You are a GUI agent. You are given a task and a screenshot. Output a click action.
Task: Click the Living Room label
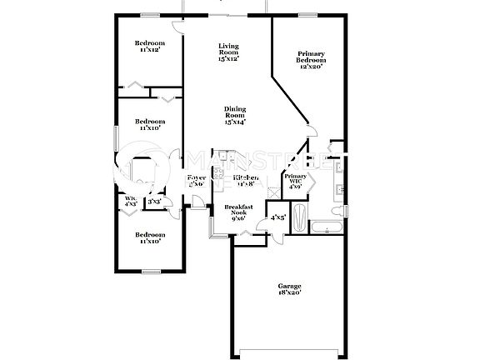228,52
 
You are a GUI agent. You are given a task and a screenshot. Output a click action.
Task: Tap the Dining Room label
234,116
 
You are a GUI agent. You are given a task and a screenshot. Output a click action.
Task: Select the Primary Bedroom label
311,60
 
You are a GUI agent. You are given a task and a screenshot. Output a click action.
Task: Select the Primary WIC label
296,180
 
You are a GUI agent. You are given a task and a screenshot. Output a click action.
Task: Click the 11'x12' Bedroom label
150,47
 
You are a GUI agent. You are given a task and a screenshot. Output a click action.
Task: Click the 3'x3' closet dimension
154,202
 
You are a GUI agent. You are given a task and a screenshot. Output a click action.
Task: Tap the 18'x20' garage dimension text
290,293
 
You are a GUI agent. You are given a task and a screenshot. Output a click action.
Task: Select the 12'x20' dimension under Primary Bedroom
311,67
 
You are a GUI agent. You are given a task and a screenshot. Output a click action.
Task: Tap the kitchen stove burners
218,174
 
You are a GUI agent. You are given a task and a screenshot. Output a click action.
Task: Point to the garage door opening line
287,348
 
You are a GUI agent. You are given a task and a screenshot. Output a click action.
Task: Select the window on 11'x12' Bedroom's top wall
150,14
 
